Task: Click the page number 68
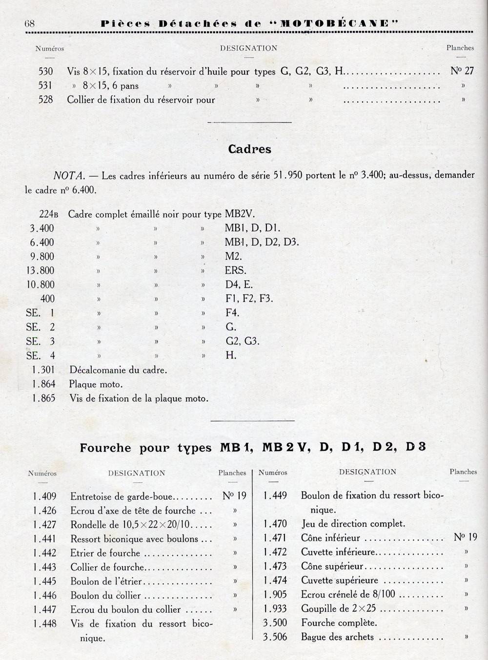pyautogui.click(x=28, y=23)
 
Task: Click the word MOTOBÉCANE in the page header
pyautogui.click(x=334, y=23)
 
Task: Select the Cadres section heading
pyautogui.click(x=249, y=149)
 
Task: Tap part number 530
pyautogui.click(x=45, y=71)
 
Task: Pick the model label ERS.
pyautogui.click(x=235, y=270)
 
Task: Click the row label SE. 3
pyautogui.click(x=40, y=341)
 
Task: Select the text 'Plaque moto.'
pyautogui.click(x=96, y=384)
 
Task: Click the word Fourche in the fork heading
pyautogui.click(x=106, y=448)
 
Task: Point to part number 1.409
pyautogui.click(x=45, y=496)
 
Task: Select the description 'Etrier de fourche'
pyautogui.click(x=105, y=553)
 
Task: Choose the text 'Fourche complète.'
pyautogui.click(x=339, y=623)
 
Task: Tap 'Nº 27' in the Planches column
pyautogui.click(x=462, y=71)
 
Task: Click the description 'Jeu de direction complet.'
pyautogui.click(x=353, y=524)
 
